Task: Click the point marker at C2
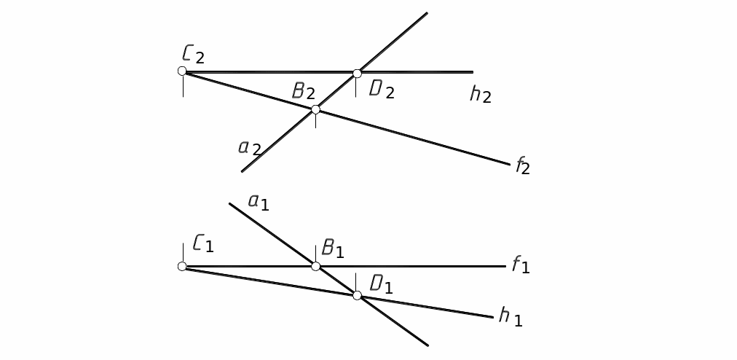[182, 71]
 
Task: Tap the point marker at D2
[357, 73]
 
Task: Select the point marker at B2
[315, 109]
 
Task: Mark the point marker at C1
[182, 266]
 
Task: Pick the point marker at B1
[315, 266]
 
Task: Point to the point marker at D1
[357, 295]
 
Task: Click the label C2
[194, 54]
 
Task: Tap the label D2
[382, 90]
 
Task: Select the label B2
[304, 91]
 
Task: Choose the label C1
[203, 243]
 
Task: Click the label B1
[332, 249]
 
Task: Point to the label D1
[382, 284]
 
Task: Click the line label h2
[481, 94]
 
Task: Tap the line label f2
[523, 167]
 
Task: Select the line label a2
[250, 147]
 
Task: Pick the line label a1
[259, 201]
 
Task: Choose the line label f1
[520, 265]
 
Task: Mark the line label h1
[511, 316]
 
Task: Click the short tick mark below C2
[183, 86]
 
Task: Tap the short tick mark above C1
[182, 251]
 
